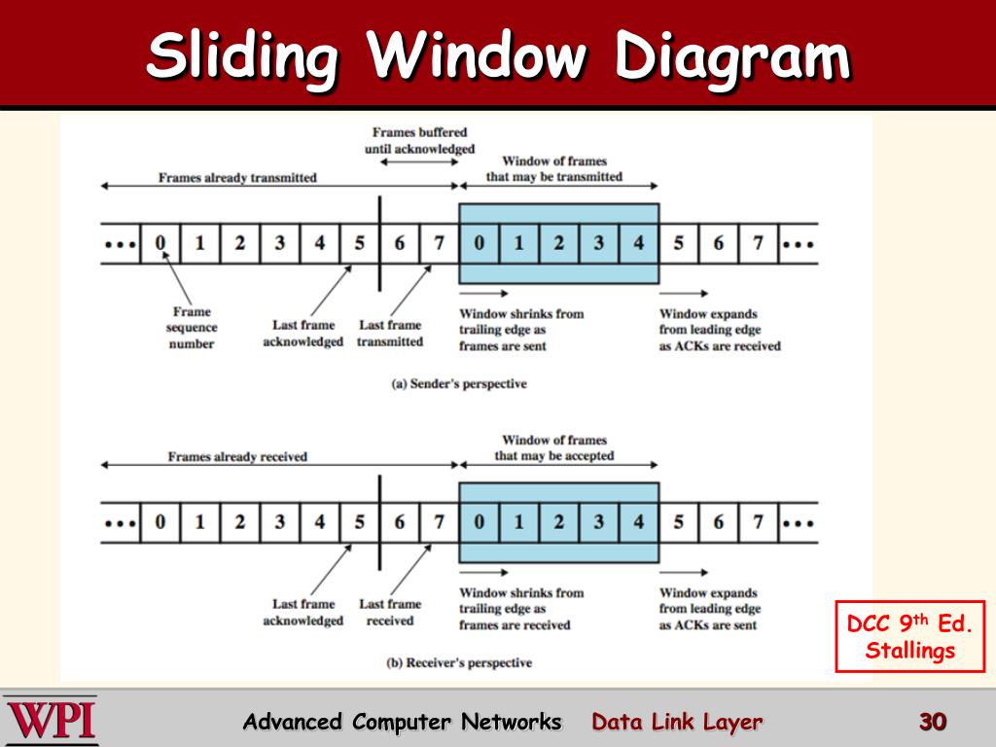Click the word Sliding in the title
tap(243, 55)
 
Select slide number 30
tap(932, 722)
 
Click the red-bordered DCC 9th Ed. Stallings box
tap(910, 636)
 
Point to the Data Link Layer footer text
tap(677, 722)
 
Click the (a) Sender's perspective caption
tap(459, 384)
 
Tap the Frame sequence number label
tap(192, 328)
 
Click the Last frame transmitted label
tap(390, 334)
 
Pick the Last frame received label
tap(390, 612)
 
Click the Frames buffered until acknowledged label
tap(419, 140)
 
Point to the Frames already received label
tap(237, 456)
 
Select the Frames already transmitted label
tap(237, 178)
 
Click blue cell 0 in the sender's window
tap(479, 243)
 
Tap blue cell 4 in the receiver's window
tap(638, 522)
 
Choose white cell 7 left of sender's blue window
tap(439, 243)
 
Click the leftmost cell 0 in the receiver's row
tap(160, 522)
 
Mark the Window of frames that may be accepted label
tap(554, 448)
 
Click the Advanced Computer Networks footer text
tap(402, 722)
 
